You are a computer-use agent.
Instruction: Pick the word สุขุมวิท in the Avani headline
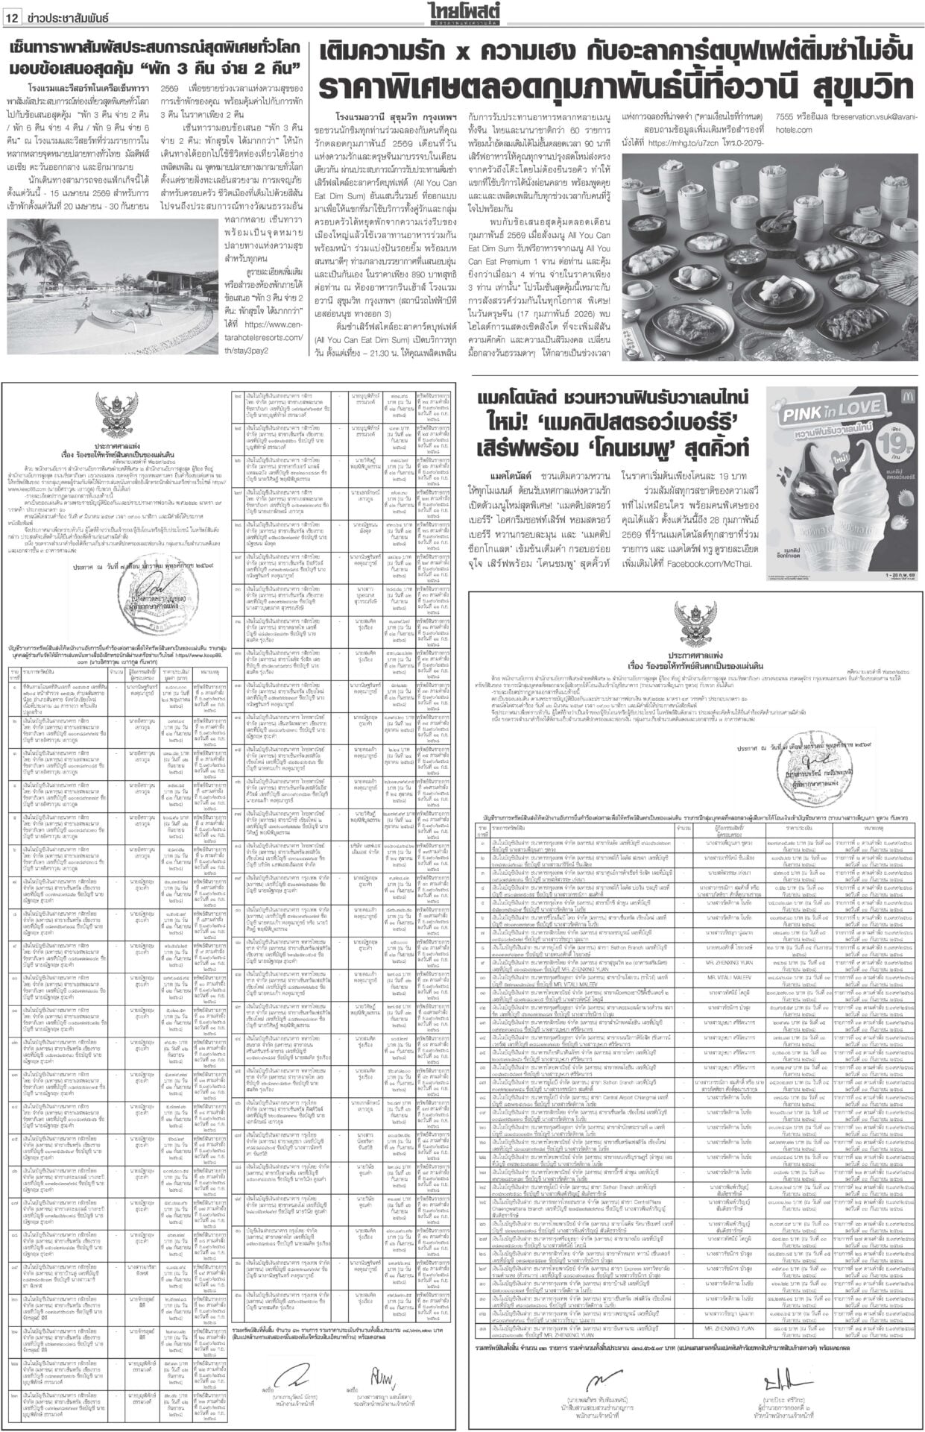[x=865, y=87]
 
